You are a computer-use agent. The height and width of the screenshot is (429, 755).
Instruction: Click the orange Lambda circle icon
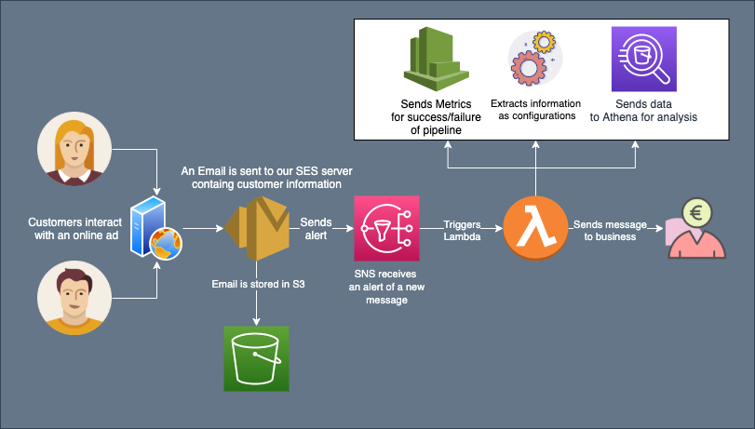tap(535, 228)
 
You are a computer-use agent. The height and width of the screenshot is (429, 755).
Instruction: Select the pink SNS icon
tap(386, 228)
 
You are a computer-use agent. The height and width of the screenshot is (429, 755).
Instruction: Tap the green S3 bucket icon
tap(256, 358)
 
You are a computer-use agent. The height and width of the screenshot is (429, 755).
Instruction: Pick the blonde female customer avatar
tap(74, 150)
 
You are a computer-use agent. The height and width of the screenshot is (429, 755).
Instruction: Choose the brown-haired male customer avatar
tap(74, 297)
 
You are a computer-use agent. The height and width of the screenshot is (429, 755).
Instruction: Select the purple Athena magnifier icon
tap(643, 59)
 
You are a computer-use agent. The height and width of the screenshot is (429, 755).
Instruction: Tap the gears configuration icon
tap(534, 59)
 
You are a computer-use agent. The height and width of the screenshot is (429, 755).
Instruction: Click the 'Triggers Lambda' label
tap(461, 231)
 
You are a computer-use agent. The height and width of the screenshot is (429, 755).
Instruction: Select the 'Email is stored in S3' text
tap(257, 283)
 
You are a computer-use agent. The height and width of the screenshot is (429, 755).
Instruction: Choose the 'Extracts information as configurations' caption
tap(535, 109)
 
